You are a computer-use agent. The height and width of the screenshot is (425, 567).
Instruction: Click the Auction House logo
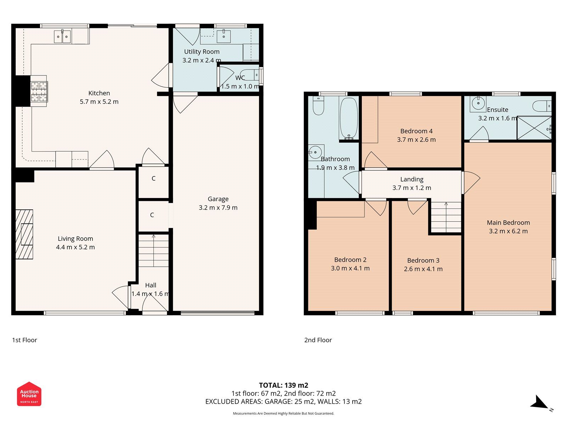29,394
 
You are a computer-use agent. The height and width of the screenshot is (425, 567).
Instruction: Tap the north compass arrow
539,403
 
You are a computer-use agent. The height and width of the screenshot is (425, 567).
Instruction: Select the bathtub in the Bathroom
349,118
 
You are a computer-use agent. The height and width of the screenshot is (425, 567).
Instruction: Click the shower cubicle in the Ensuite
534,127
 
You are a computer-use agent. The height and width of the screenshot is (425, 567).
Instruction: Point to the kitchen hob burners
39,91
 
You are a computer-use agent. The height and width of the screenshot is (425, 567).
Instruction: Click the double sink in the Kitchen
62,36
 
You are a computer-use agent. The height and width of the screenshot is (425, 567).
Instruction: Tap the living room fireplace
24,234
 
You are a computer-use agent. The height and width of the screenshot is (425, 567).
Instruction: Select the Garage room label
218,199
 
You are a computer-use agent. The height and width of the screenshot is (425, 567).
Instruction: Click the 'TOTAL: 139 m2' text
283,385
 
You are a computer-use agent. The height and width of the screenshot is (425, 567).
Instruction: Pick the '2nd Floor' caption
318,340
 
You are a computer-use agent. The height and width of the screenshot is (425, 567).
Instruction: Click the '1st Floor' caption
24,340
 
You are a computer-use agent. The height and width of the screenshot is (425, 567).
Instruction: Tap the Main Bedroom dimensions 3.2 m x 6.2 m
508,231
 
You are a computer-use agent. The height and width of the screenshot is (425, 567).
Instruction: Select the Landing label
412,180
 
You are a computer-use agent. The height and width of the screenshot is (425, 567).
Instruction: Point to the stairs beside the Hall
153,250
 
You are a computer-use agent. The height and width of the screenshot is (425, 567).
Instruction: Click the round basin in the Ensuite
478,103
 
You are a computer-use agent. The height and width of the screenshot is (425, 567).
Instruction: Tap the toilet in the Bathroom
319,106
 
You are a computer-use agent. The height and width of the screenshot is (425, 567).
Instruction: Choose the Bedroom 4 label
416,131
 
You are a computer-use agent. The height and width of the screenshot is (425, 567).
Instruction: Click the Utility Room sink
224,36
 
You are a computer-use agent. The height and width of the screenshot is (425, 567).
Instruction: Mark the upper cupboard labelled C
153,178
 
